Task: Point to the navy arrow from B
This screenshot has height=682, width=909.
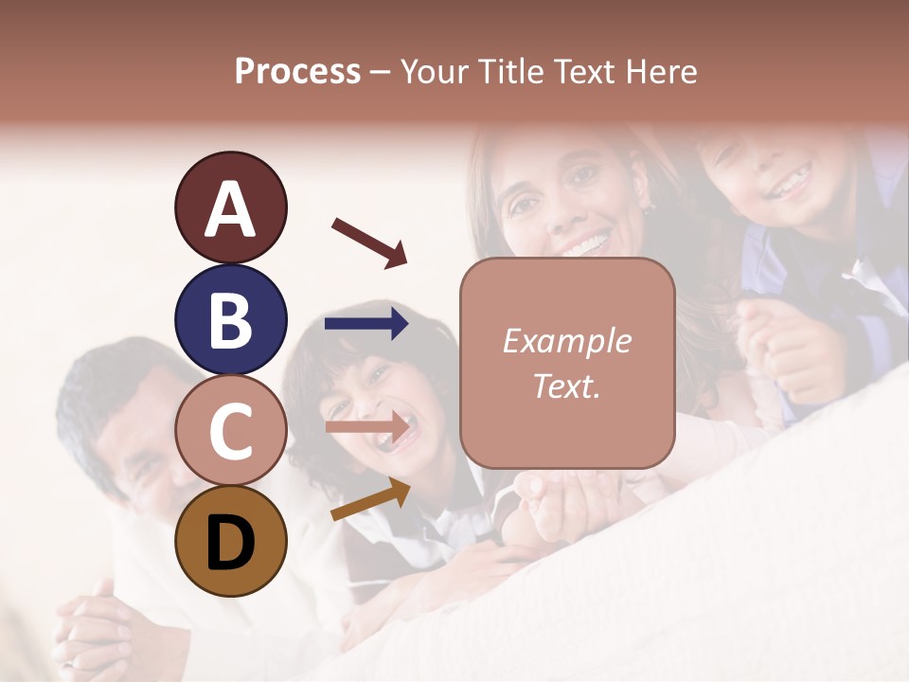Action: tap(366, 324)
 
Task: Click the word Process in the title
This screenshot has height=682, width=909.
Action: tap(297, 72)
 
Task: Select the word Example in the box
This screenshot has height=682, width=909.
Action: tap(566, 341)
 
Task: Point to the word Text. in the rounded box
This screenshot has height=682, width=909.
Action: tap(566, 386)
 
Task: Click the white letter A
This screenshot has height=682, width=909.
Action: tap(230, 210)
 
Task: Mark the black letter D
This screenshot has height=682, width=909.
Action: tap(230, 543)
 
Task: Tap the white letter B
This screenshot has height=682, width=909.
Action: tap(230, 320)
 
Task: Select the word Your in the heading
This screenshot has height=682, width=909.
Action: tap(435, 72)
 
